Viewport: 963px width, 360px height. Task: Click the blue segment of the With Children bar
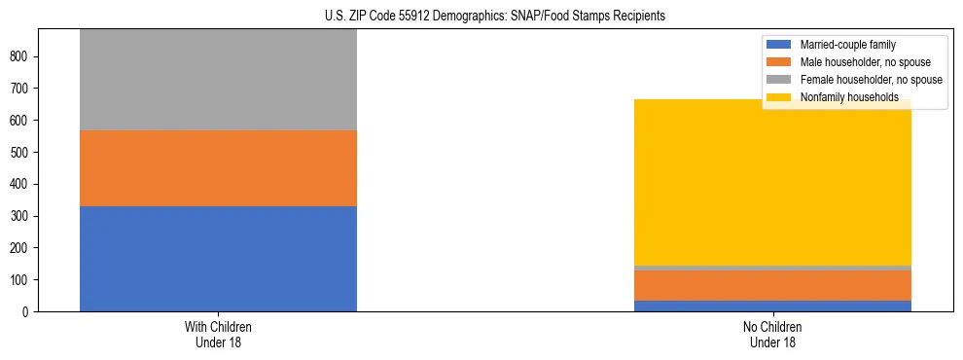pos(218,258)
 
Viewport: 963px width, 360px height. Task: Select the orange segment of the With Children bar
pos(218,167)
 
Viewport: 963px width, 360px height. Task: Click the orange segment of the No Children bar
pos(772,285)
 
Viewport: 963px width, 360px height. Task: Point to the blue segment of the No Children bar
pos(772,306)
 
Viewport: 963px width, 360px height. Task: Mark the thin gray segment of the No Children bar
pos(772,268)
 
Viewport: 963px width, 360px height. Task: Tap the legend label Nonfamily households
pos(842,97)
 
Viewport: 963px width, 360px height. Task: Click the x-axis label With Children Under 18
pos(218,334)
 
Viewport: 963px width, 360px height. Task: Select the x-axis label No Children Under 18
pos(772,334)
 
